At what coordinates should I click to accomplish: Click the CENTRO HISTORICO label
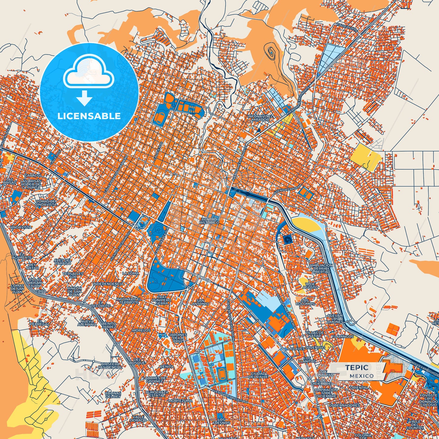(x=209, y=221)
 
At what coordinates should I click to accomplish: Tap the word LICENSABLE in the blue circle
(x=89, y=116)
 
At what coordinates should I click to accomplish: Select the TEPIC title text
(x=357, y=368)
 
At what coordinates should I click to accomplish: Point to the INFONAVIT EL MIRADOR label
(x=260, y=118)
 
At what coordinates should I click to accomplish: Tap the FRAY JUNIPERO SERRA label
(x=162, y=300)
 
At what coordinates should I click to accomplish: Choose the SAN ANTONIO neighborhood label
(x=201, y=302)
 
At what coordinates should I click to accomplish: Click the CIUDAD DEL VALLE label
(x=258, y=375)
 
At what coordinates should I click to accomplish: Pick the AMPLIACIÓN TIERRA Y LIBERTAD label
(x=321, y=268)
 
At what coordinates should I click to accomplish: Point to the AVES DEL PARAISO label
(x=63, y=262)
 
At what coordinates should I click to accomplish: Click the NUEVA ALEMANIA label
(x=89, y=323)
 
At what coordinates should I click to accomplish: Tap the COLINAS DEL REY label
(x=113, y=395)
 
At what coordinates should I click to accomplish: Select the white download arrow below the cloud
(x=84, y=98)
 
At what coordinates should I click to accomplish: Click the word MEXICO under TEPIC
(x=362, y=376)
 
